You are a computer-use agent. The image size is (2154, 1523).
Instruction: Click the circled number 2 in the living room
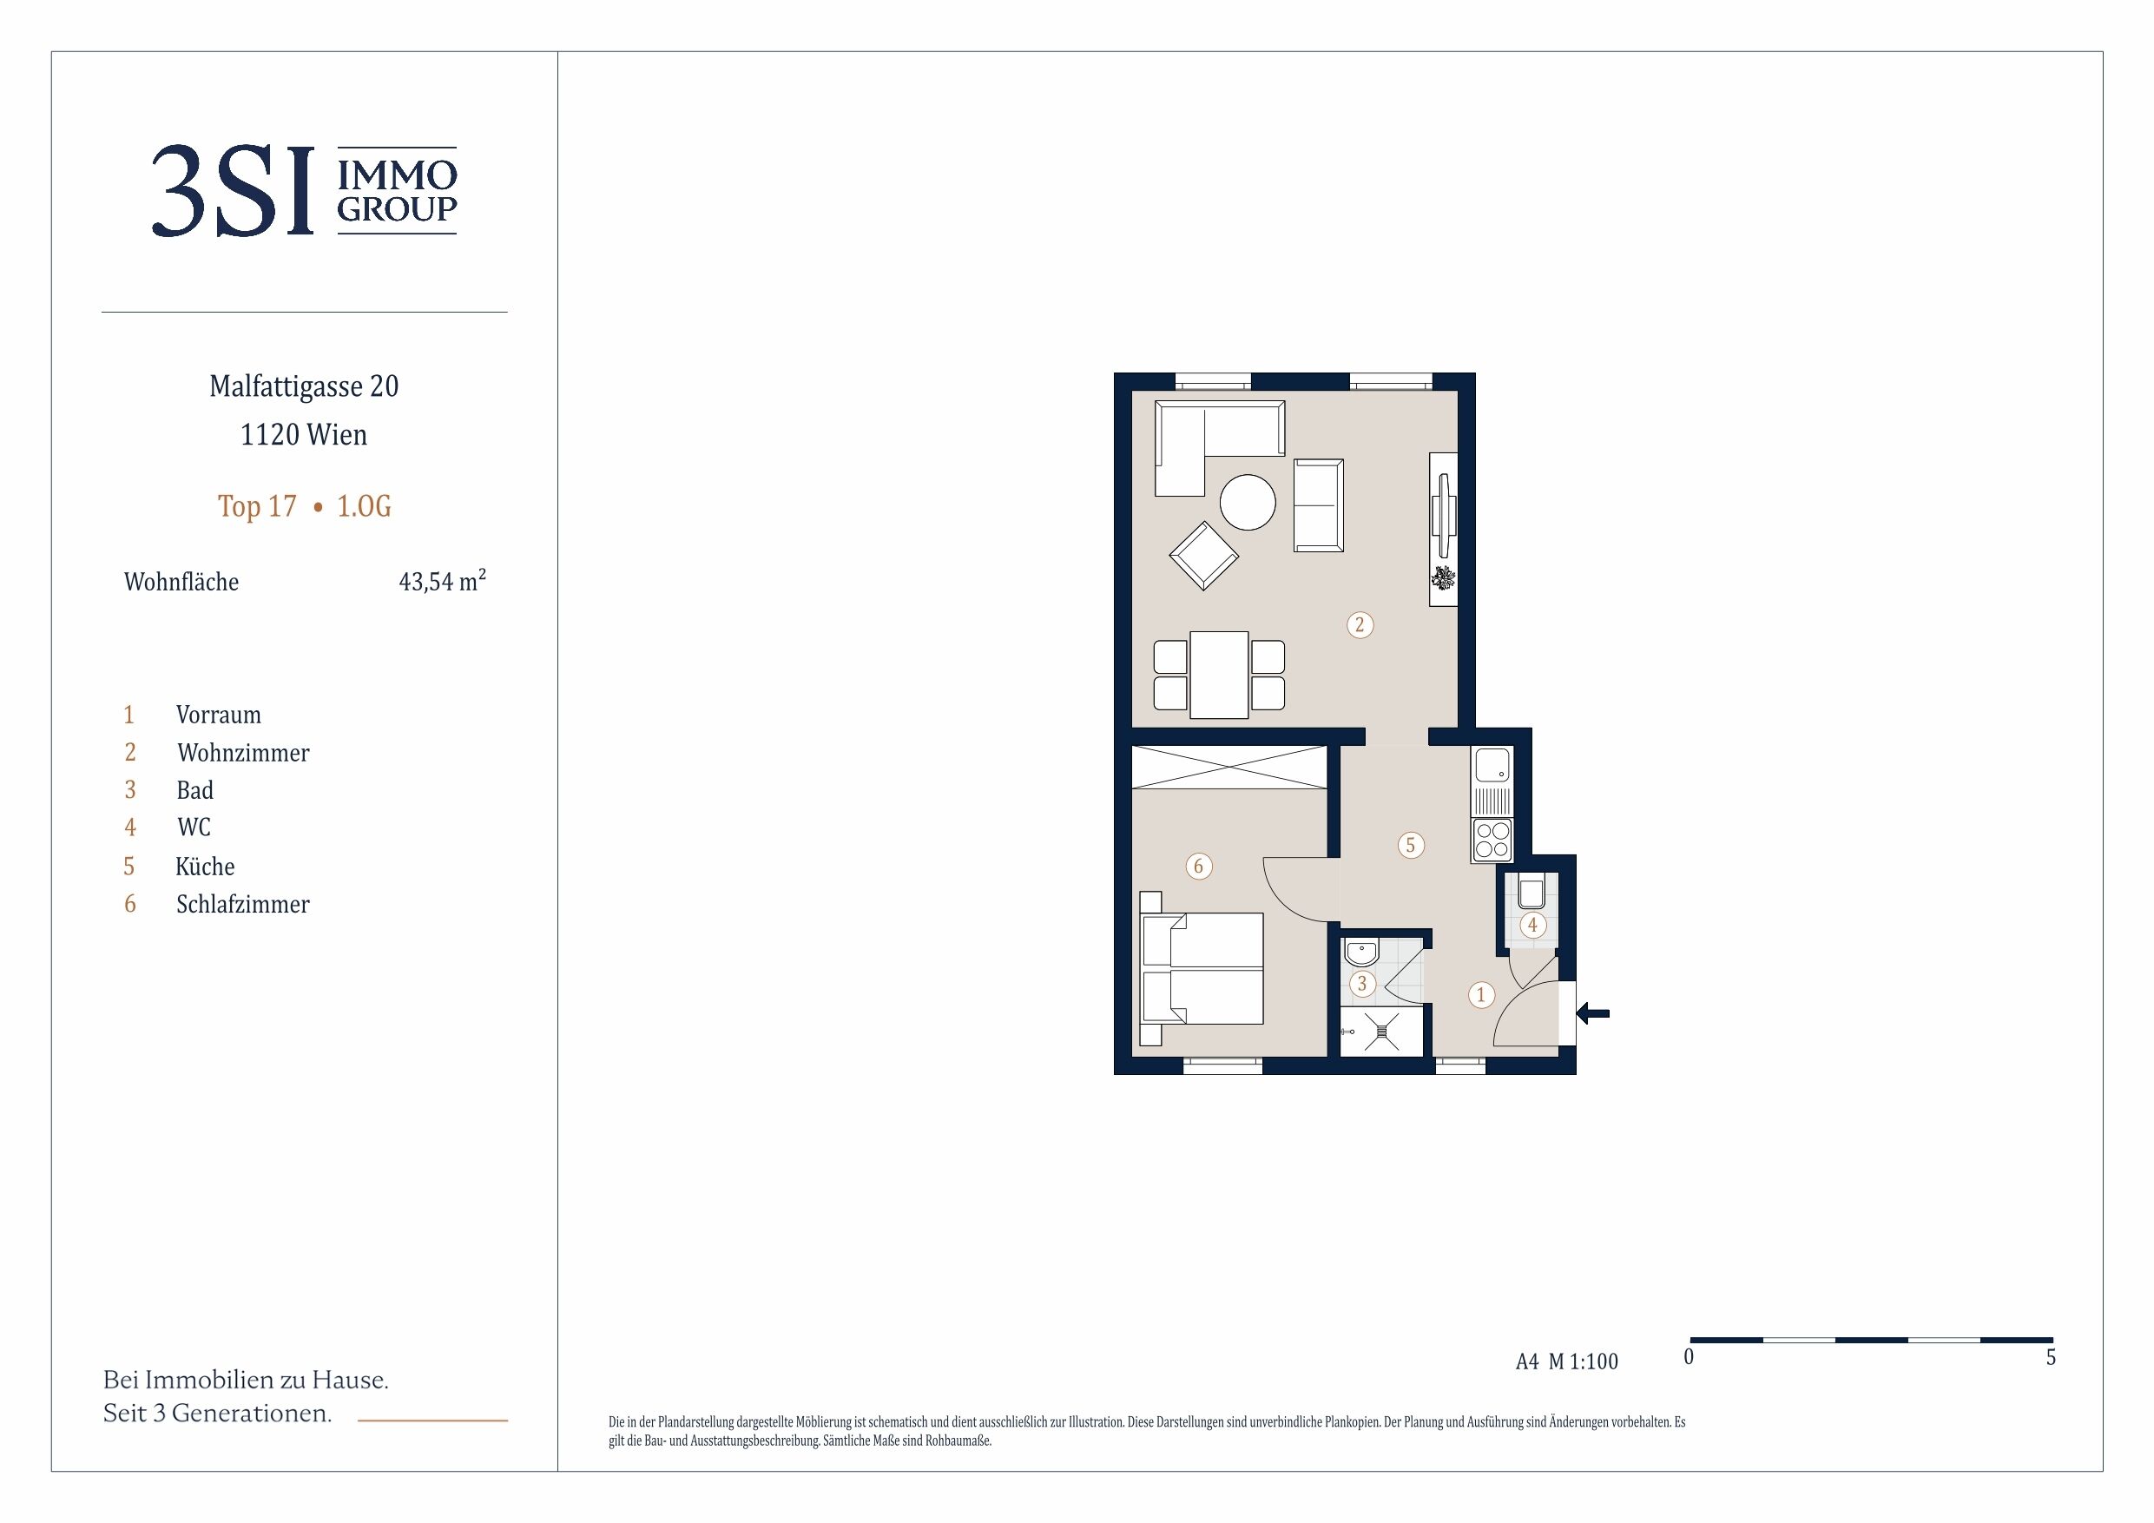click(x=1360, y=625)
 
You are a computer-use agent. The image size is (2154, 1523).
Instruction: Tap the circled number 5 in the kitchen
click(x=1410, y=846)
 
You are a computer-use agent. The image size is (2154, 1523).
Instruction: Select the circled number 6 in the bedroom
click(x=1198, y=866)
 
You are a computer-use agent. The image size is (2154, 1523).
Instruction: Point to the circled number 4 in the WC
click(x=1532, y=926)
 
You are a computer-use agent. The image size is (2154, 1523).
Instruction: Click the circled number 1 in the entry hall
click(x=1480, y=995)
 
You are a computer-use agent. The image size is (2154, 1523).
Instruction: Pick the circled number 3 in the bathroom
click(x=1362, y=985)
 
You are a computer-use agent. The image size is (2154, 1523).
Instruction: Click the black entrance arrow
click(x=1593, y=1013)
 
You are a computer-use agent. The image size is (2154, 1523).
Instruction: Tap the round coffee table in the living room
click(x=1247, y=502)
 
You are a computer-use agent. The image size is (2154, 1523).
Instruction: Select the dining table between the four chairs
click(x=1219, y=675)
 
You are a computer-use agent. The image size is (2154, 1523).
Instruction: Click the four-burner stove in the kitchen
click(x=1492, y=840)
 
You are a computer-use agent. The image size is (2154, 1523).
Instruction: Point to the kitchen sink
click(x=1492, y=766)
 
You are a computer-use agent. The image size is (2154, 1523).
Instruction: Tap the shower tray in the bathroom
click(x=1382, y=1032)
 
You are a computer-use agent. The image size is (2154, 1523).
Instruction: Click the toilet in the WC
click(x=1531, y=893)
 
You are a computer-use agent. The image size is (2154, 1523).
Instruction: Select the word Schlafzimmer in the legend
click(x=243, y=905)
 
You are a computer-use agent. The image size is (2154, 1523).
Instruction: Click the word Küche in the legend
click(x=206, y=866)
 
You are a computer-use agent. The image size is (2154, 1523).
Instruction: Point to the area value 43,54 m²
click(x=443, y=581)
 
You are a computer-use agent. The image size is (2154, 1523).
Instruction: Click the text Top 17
click(x=257, y=507)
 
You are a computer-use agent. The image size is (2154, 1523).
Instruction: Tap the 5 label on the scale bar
click(x=2051, y=1357)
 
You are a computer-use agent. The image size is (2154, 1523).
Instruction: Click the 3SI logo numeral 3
click(x=178, y=190)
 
